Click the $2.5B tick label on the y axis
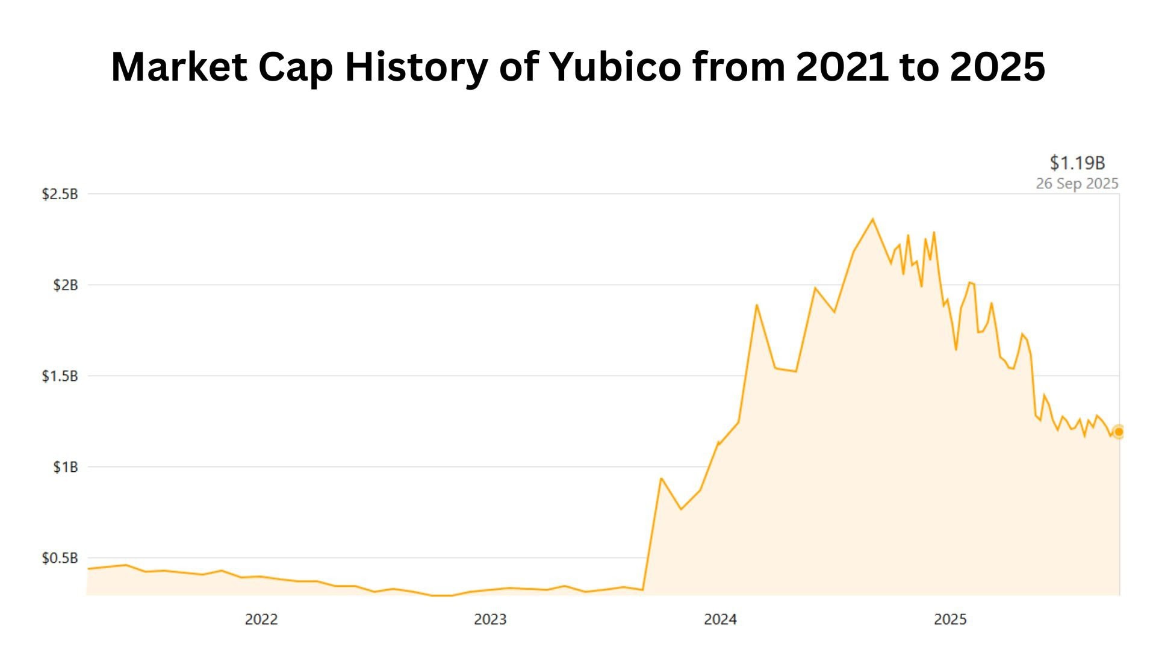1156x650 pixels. tap(60, 194)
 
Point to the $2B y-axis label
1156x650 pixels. tap(66, 285)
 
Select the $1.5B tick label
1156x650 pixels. tap(60, 376)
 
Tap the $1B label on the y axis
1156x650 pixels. tap(66, 467)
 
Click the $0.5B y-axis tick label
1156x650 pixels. tap(60, 558)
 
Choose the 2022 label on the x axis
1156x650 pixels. tap(261, 619)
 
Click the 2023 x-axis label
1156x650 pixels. tap(490, 619)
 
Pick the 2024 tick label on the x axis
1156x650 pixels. tap(720, 619)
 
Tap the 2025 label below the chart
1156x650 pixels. tap(950, 619)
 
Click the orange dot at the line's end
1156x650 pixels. tap(1119, 432)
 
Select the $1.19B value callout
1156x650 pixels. tap(1077, 162)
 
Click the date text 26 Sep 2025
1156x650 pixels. tap(1077, 184)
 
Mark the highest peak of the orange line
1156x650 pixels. tap(872, 219)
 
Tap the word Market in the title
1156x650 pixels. tap(179, 66)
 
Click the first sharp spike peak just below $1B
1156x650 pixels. tap(661, 478)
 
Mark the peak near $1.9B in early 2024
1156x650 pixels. tap(757, 305)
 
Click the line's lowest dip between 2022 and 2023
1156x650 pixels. tap(443, 595)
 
